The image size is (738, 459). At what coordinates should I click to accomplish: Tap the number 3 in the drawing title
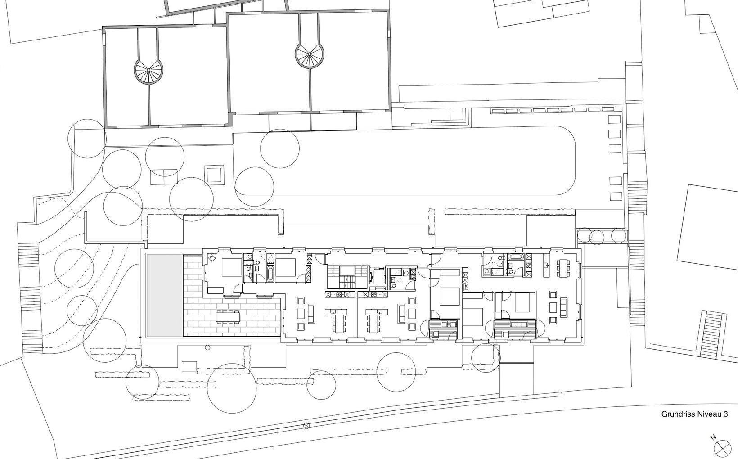click(x=725, y=414)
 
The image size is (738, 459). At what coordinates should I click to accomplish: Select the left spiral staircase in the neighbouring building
click(x=148, y=70)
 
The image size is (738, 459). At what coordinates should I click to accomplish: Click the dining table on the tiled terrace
click(x=228, y=316)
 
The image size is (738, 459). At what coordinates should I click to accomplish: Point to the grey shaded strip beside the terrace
click(x=164, y=295)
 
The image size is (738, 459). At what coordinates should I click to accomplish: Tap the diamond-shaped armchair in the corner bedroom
click(x=211, y=258)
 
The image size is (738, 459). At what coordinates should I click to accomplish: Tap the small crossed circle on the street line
click(x=307, y=426)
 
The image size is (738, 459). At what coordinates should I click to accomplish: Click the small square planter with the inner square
click(x=215, y=175)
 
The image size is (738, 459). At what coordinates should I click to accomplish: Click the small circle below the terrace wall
click(x=207, y=347)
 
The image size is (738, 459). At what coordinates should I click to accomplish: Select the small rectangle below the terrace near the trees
click(x=189, y=365)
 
